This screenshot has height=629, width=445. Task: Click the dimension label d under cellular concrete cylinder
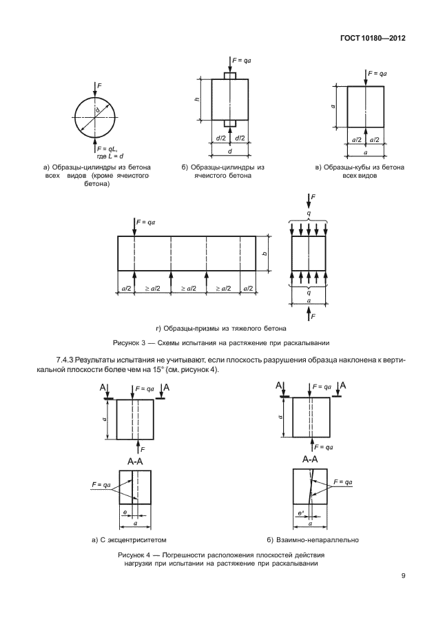pos(230,151)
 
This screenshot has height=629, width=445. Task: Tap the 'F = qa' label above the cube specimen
pos(377,73)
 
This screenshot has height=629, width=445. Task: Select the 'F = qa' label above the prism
pos(147,222)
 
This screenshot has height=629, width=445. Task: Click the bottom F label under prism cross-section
pos(313,318)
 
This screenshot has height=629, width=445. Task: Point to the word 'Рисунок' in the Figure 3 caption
pos(129,342)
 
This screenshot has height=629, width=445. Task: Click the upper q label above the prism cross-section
pos(309,214)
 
